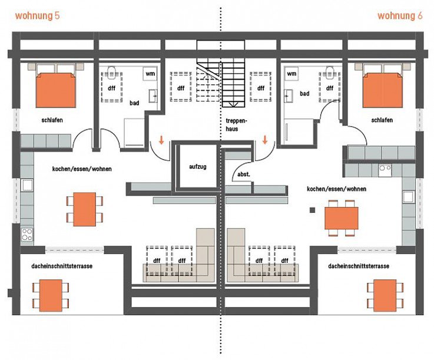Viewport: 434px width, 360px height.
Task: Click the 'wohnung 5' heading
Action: coord(37,16)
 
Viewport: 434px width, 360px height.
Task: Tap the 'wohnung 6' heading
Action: coord(400,16)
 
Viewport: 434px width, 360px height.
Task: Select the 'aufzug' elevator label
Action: coord(198,167)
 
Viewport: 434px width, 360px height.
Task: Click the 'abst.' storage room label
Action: coord(244,174)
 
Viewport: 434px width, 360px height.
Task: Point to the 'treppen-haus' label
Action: coord(236,125)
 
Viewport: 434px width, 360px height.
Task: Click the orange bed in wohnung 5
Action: coord(56,90)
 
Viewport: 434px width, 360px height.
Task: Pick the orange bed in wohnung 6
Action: coord(382,90)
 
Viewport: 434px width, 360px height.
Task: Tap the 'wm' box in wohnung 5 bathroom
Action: coord(150,74)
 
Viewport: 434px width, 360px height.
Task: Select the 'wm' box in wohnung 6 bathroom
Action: coord(291,74)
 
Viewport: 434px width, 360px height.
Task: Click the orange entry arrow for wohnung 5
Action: coord(161,140)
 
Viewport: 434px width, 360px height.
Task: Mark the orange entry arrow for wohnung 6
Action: coord(265,140)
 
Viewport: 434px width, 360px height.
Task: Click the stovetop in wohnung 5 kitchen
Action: coord(27,235)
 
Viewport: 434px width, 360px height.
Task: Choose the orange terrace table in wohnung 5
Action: coord(51,295)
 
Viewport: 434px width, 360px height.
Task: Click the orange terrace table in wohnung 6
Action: coord(385,295)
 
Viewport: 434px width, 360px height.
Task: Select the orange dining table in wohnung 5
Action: coord(85,209)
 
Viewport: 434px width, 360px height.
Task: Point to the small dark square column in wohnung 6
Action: coord(312,210)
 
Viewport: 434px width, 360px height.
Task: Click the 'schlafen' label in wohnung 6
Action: coord(382,120)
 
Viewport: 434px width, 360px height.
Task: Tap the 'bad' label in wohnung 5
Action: coord(134,103)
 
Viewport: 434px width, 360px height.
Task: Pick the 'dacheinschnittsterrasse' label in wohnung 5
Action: coord(62,266)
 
